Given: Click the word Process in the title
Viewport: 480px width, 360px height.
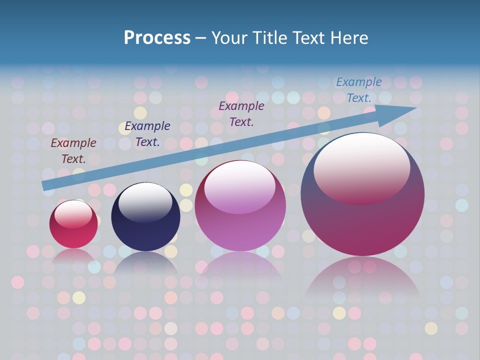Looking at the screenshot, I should pos(157,38).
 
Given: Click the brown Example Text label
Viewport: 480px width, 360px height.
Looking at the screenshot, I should pos(73,151).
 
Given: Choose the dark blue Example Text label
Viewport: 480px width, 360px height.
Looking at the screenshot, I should pos(147,134).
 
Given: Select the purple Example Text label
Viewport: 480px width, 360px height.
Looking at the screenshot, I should pos(241,113).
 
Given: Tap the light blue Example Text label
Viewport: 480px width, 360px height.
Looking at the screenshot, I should pos(359,90).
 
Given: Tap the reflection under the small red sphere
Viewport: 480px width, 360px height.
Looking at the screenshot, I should pos(73,256).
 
